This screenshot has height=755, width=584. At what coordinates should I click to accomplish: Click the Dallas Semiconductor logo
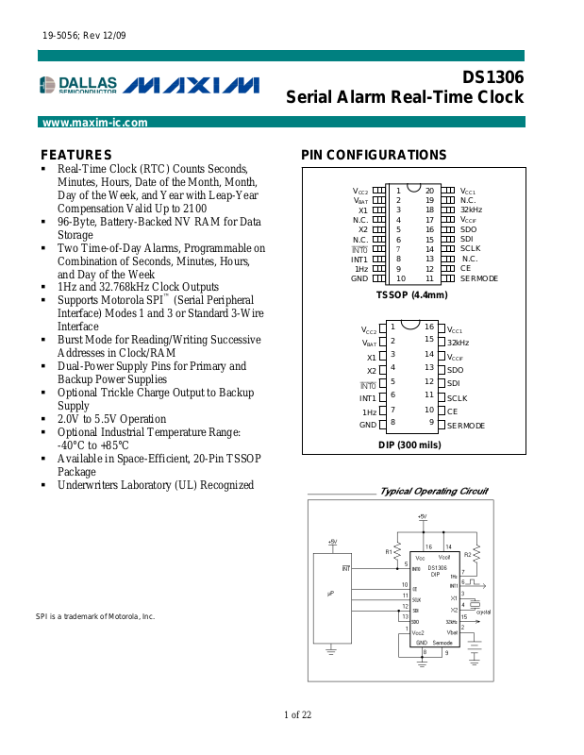pyautogui.click(x=78, y=86)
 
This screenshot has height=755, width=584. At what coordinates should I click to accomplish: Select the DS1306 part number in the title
pyautogui.click(x=492, y=77)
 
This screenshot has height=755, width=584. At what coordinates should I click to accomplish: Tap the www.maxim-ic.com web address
pyautogui.click(x=95, y=123)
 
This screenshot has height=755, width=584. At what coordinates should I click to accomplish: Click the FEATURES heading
pyautogui.click(x=76, y=155)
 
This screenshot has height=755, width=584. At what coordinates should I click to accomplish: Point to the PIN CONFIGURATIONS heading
pyautogui.click(x=374, y=155)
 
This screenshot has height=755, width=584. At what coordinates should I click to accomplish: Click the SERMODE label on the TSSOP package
pyautogui.click(x=479, y=278)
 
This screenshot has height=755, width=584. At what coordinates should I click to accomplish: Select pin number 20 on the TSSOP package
pyautogui.click(x=429, y=191)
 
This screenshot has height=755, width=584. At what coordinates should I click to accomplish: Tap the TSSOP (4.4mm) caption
pyautogui.click(x=411, y=295)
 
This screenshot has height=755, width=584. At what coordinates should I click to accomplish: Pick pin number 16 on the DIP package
pyautogui.click(x=429, y=327)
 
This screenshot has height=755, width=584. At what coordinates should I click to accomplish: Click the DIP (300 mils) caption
pyautogui.click(x=409, y=445)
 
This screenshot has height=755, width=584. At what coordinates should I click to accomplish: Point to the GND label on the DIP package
pyautogui.click(x=368, y=426)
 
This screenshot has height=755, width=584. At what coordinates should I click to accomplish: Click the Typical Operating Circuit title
pyautogui.click(x=433, y=491)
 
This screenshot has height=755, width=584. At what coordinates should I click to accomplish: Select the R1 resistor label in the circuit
pyautogui.click(x=389, y=551)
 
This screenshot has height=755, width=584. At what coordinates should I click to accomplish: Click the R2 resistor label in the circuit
pyautogui.click(x=467, y=555)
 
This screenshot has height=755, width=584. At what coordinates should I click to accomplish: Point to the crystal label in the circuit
pyautogui.click(x=484, y=612)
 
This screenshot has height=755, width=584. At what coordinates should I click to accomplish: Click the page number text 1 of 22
pyautogui.click(x=297, y=714)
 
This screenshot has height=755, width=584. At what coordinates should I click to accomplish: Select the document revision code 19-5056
pyautogui.click(x=59, y=36)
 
